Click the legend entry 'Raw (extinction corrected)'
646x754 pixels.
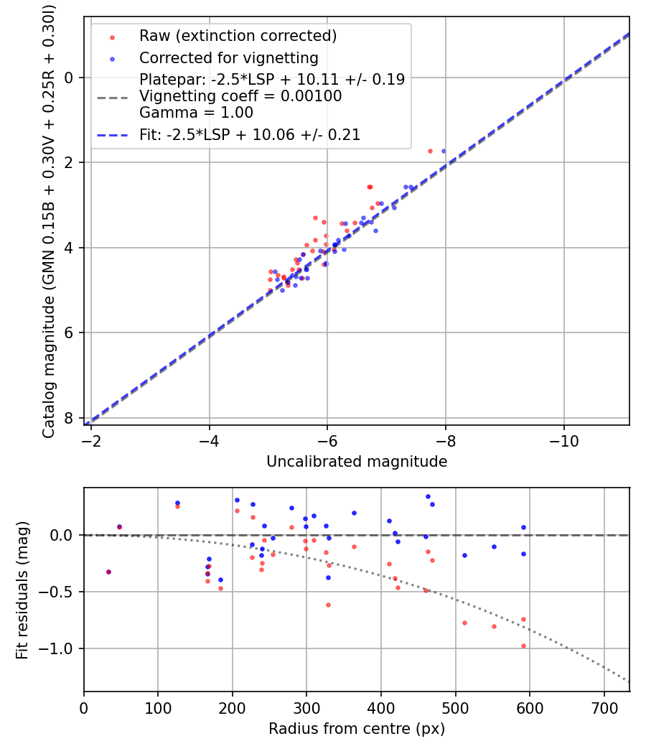click(238, 36)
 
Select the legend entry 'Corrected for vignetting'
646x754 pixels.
click(228, 57)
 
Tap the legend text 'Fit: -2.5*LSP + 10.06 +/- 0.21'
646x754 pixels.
click(250, 134)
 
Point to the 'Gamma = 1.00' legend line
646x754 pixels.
click(196, 113)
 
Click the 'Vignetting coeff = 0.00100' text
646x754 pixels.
click(240, 96)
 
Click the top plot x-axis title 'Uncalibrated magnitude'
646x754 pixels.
click(357, 462)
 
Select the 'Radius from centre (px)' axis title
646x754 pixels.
click(357, 729)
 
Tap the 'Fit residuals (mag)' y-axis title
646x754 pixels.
click(22, 590)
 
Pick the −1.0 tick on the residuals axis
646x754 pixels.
click(63, 648)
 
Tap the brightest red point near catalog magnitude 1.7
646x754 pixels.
click(430, 151)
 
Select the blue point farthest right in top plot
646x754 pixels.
click(443, 151)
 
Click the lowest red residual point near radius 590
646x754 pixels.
click(523, 646)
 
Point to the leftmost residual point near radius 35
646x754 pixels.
click(108, 572)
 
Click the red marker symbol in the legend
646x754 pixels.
click(111, 36)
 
